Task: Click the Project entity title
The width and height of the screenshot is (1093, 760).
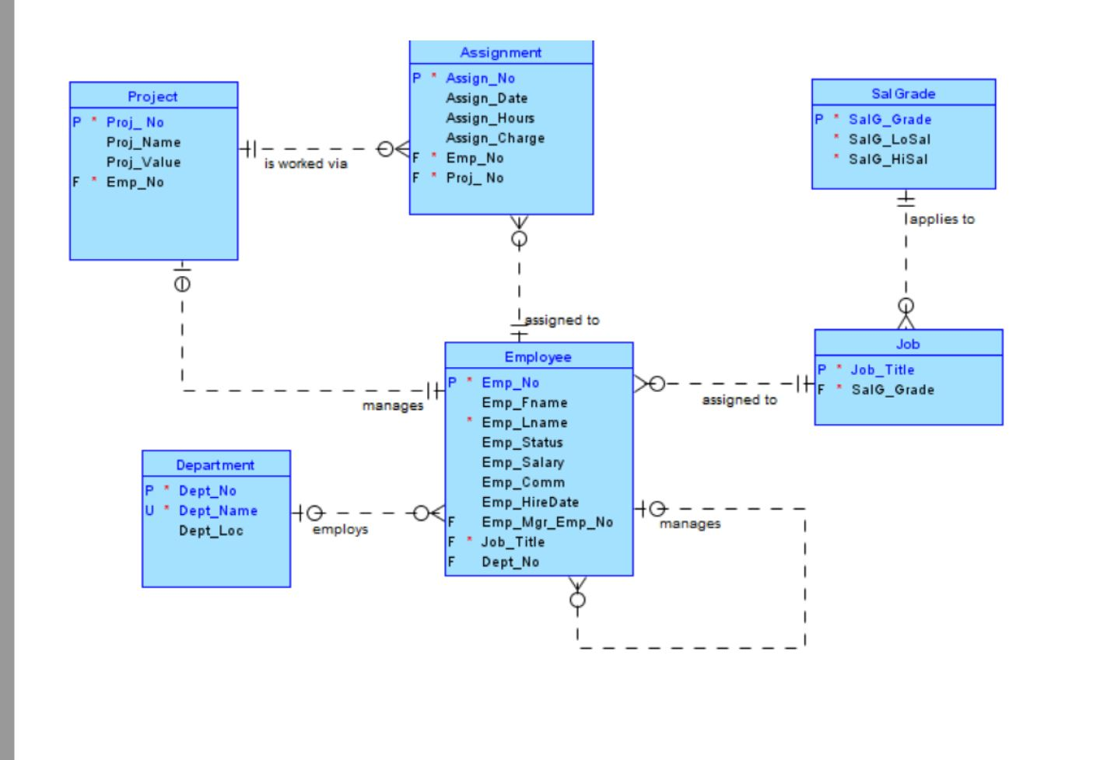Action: [x=152, y=96]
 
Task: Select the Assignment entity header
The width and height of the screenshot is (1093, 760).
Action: [x=500, y=53]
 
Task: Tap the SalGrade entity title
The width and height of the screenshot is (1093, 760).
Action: [x=902, y=93]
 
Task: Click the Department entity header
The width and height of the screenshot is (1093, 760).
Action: [x=215, y=465]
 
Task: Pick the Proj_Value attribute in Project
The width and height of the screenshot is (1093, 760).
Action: [x=143, y=162]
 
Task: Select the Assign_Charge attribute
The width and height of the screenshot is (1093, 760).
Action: [x=495, y=138]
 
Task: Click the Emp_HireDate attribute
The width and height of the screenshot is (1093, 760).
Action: [x=530, y=503]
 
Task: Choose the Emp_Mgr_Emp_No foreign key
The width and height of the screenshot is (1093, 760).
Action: [x=547, y=522]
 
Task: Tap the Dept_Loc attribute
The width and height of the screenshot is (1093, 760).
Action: [x=211, y=531]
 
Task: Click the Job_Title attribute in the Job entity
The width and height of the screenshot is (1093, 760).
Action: [x=881, y=370]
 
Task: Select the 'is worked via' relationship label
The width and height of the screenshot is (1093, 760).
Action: [x=306, y=163]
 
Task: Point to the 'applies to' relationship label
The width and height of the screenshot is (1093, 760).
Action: [x=941, y=219]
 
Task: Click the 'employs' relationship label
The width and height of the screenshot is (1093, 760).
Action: [x=340, y=530]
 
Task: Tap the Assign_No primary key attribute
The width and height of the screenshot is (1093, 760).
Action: [x=480, y=79]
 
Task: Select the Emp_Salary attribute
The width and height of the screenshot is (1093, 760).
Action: [x=522, y=462]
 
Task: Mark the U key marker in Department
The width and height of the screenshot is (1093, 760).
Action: [x=149, y=511]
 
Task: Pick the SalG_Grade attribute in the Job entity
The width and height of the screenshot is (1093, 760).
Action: [x=892, y=390]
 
